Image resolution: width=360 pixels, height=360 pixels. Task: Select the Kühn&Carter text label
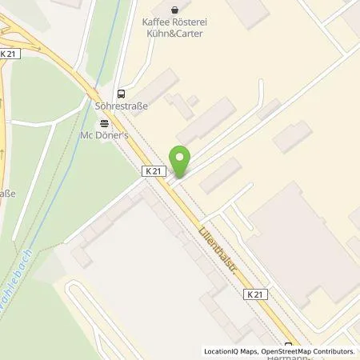pyautogui.click(x=186, y=36)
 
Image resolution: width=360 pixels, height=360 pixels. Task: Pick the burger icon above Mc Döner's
pyautogui.click(x=105, y=122)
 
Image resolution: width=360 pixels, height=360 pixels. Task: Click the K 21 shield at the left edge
pyautogui.click(x=10, y=53)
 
